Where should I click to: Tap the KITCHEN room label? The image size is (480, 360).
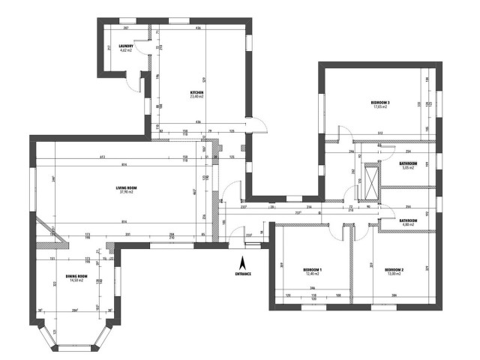pyautogui.click(x=197, y=92)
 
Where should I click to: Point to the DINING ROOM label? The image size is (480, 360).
pyautogui.click(x=77, y=276)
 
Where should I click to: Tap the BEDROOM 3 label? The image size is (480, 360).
pyautogui.click(x=380, y=102)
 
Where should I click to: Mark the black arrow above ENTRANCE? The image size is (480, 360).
pyautogui.click(x=242, y=263)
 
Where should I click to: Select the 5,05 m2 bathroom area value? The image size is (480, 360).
pyautogui.click(x=408, y=168)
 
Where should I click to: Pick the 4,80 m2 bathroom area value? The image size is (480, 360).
pyautogui.click(x=408, y=225)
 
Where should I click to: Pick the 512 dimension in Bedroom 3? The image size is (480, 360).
pyautogui.click(x=381, y=134)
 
